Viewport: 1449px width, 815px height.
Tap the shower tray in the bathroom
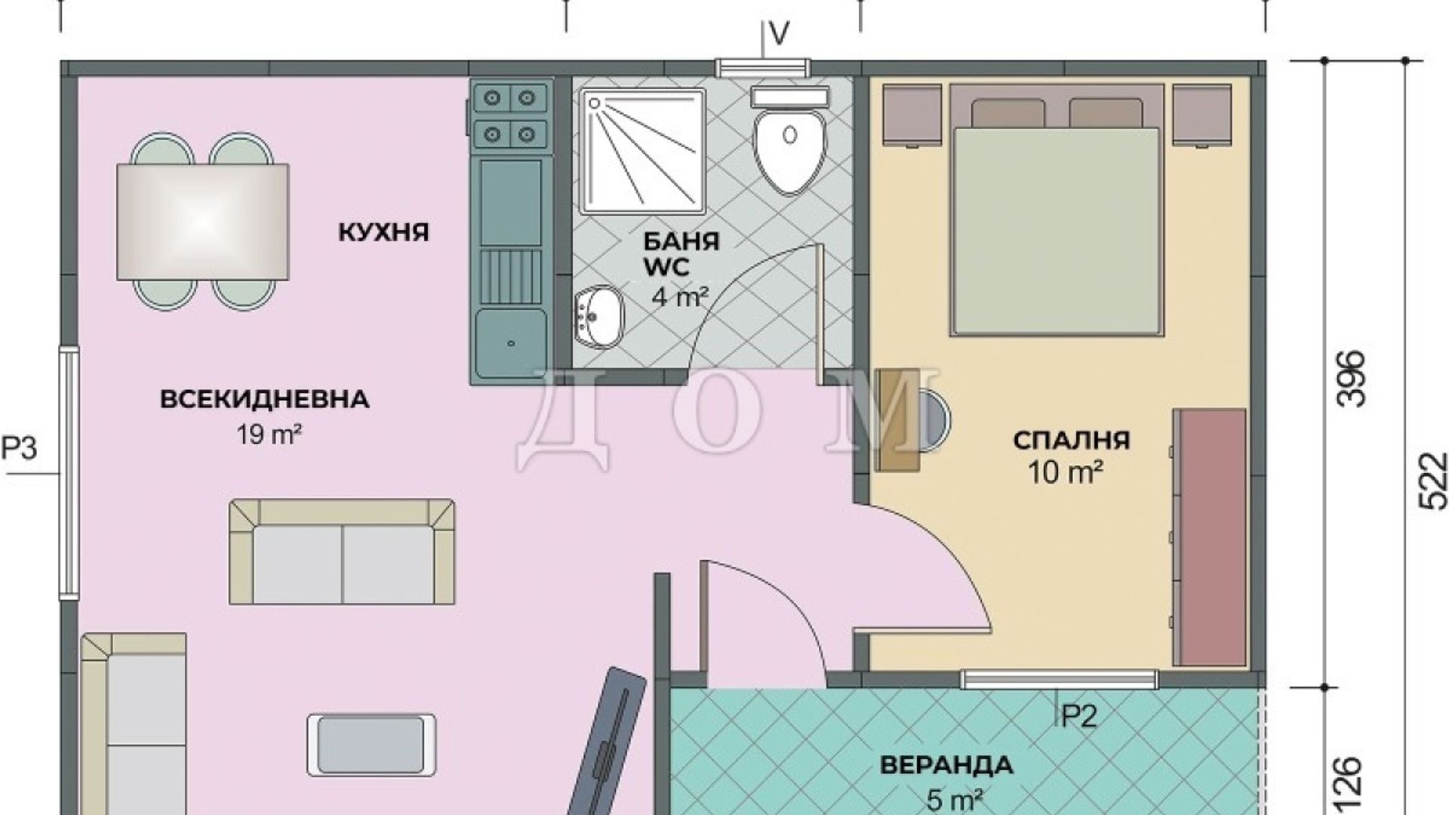coord(644,149)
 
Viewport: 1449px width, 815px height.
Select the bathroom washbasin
coord(598,316)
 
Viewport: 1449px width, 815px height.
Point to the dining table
coord(203,222)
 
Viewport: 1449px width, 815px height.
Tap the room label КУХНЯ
coord(383,232)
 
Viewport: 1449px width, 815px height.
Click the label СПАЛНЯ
coord(1071,439)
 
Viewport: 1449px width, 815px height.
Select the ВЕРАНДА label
coord(946,764)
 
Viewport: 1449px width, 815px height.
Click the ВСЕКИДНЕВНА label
coord(265,398)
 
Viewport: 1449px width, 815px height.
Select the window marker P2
coord(1079,716)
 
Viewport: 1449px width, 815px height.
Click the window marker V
coord(779,32)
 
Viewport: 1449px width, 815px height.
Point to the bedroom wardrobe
coord(1209,538)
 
